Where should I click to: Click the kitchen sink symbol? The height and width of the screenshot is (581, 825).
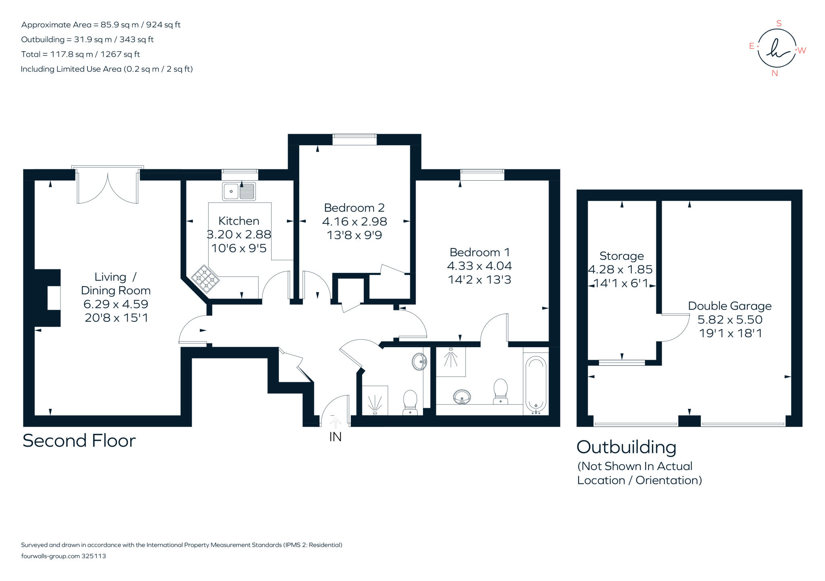238,191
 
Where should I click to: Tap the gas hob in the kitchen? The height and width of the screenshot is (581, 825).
205,279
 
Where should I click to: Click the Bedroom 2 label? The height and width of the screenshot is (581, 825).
354,208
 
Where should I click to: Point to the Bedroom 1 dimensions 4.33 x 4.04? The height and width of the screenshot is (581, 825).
479,266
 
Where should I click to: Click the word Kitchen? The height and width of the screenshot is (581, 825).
238,221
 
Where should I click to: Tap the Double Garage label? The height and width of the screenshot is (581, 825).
730,306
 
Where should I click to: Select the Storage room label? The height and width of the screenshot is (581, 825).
622,256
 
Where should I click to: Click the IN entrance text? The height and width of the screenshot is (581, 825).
335,437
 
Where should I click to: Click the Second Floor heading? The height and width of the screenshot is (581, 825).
79,441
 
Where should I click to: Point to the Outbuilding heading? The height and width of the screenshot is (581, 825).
626,447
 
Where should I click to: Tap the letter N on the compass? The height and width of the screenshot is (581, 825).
774,73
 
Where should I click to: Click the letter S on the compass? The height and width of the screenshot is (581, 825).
779,24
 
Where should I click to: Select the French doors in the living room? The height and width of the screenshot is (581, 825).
108,187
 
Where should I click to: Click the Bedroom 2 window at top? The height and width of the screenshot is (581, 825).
354,140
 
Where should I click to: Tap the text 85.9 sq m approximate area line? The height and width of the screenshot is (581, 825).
101,25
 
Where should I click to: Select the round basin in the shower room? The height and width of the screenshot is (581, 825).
419,362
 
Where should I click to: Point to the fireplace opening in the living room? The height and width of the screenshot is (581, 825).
54,298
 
